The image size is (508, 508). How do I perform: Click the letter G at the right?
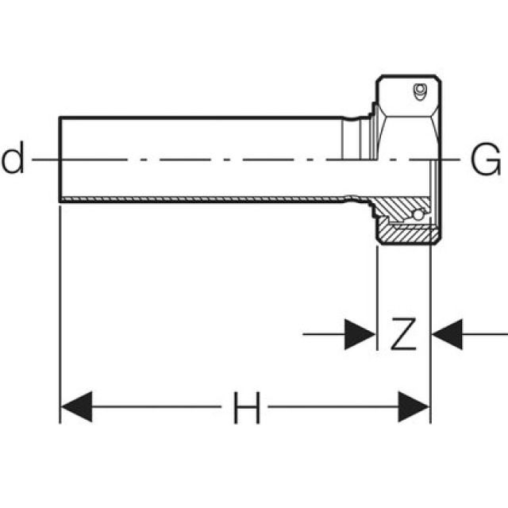[486, 161]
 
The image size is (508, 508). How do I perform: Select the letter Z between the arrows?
[403, 334]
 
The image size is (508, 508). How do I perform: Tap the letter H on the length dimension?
[246, 410]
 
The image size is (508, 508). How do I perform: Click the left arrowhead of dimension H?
[77, 409]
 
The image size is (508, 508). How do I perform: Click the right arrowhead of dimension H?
[414, 409]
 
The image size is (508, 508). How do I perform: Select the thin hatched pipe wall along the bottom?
[198, 198]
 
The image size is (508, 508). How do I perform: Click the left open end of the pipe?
[61, 159]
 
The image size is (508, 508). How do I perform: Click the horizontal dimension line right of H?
[333, 409]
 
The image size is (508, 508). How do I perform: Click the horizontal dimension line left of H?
[159, 409]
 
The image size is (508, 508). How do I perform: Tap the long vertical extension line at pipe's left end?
[60, 317]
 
